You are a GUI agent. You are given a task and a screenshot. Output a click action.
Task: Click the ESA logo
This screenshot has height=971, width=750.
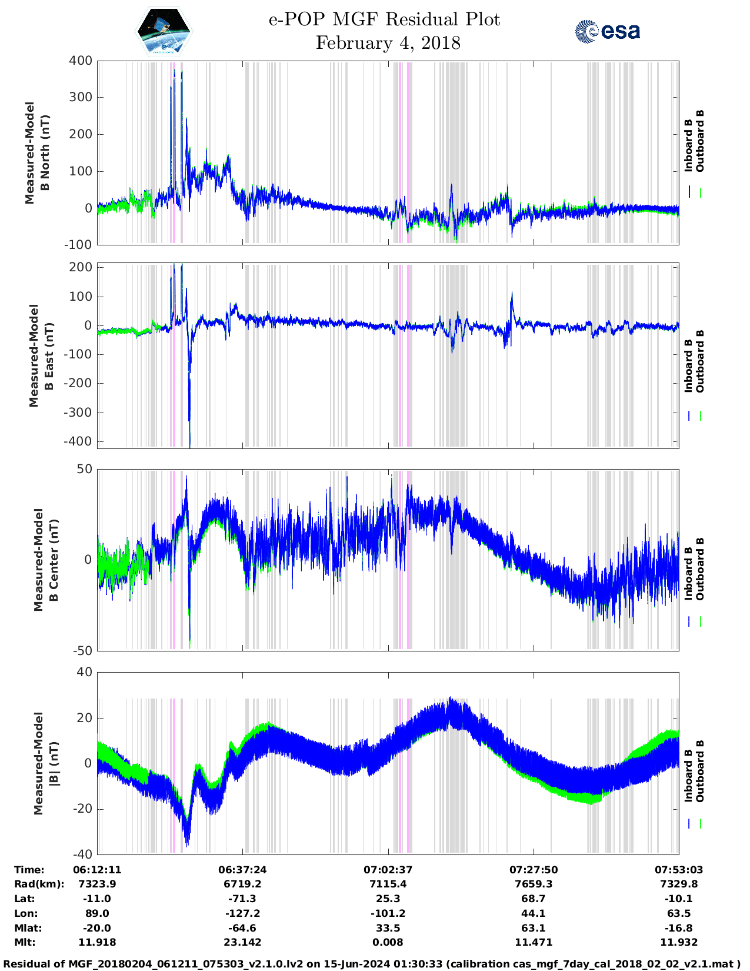pyautogui.click(x=607, y=31)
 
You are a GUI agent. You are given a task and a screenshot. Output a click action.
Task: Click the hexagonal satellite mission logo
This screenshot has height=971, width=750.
pyautogui.click(x=164, y=32)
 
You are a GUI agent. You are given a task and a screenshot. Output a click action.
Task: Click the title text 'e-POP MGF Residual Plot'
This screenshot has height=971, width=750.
pyautogui.click(x=384, y=19)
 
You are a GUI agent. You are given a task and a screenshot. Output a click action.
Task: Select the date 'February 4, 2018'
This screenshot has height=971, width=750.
pyautogui.click(x=388, y=43)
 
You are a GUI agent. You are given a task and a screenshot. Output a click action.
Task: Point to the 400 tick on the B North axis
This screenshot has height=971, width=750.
pyautogui.click(x=81, y=61)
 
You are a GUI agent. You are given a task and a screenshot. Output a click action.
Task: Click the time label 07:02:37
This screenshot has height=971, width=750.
pyautogui.click(x=388, y=870)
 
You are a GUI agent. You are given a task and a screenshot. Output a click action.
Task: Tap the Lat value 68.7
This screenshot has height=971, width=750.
pyautogui.click(x=533, y=899)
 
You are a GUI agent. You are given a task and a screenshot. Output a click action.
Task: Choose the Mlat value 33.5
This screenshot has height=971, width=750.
pyautogui.click(x=388, y=928)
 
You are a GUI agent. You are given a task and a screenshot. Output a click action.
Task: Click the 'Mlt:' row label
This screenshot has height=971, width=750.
pyautogui.click(x=25, y=942)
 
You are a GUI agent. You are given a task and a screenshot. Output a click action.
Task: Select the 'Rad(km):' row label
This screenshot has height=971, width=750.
pyautogui.click(x=39, y=884)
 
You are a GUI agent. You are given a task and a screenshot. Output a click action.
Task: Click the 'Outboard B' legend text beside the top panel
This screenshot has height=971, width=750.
pyautogui.click(x=700, y=141)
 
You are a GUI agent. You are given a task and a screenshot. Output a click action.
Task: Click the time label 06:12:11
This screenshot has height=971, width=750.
pyautogui.click(x=97, y=870)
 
